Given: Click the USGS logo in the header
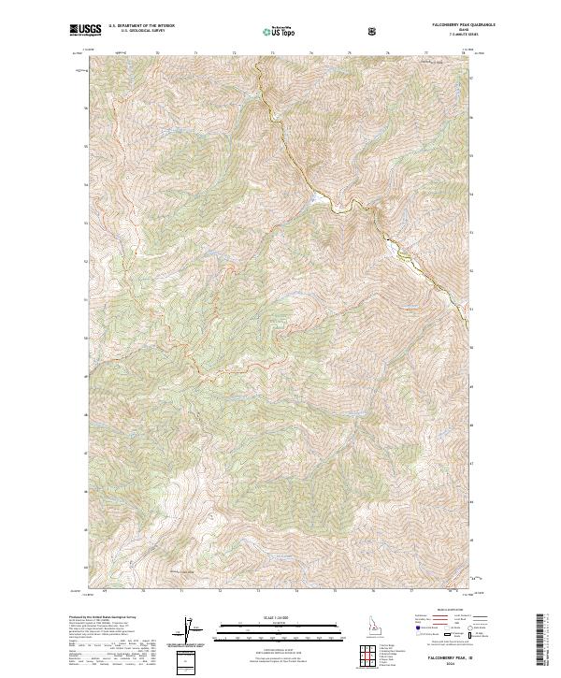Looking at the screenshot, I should tap(83, 30).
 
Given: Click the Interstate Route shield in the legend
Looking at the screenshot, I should tap(417, 634).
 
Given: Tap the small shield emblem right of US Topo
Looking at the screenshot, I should tap(374, 31).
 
